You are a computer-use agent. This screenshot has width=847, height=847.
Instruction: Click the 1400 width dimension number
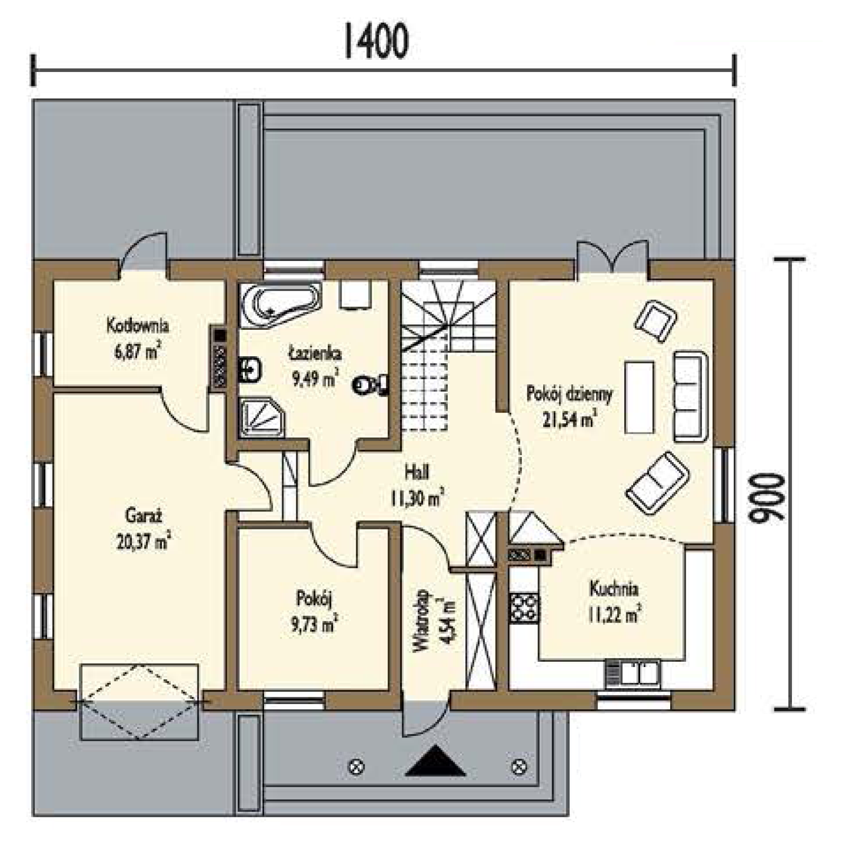pos(376,41)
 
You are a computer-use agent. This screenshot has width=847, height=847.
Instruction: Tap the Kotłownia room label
pos(138,325)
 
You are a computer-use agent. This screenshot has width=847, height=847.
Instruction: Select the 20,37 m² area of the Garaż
pos(143,540)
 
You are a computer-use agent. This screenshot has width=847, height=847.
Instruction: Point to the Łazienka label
pos(315,354)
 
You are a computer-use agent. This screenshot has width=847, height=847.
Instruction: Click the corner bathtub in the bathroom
pos(281,305)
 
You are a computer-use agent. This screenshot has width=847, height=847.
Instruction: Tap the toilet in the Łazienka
pos(371,384)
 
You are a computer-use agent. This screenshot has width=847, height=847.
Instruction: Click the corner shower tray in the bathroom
pos(262,418)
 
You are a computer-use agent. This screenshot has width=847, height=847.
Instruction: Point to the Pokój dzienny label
pos(569,394)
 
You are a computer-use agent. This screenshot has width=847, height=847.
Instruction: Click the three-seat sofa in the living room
pos(690,395)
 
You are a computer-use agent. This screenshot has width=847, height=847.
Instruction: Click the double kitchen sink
pos(632,673)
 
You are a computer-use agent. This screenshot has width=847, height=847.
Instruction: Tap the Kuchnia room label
pos(614,589)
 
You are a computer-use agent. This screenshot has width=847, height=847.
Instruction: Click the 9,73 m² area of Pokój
pos(314,625)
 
